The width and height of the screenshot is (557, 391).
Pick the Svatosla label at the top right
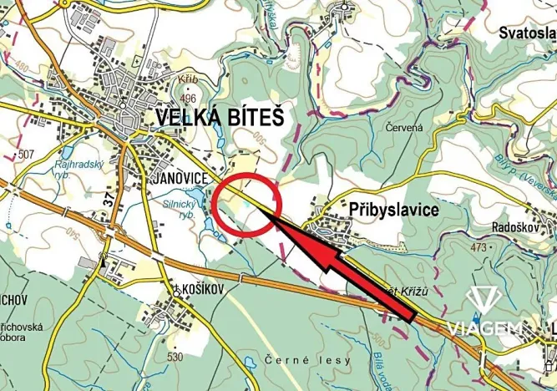click(x=527, y=33)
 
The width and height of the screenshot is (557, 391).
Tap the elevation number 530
click(x=175, y=357)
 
